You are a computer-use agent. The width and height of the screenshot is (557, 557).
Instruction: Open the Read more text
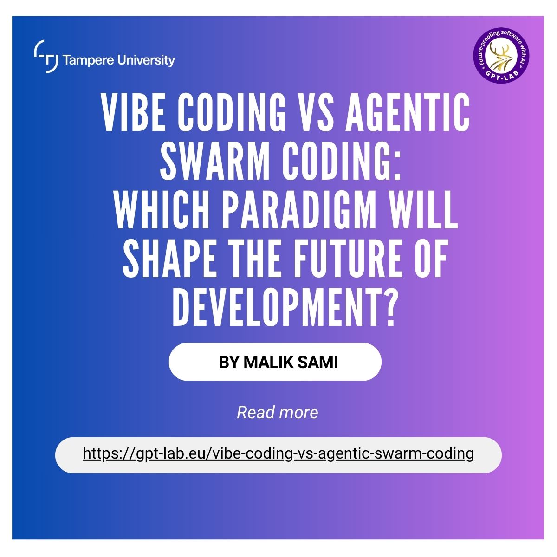coord(278,412)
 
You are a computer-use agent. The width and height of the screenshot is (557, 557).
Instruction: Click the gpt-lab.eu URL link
coord(278,453)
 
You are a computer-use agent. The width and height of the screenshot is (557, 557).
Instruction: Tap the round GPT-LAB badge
coord(501,56)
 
